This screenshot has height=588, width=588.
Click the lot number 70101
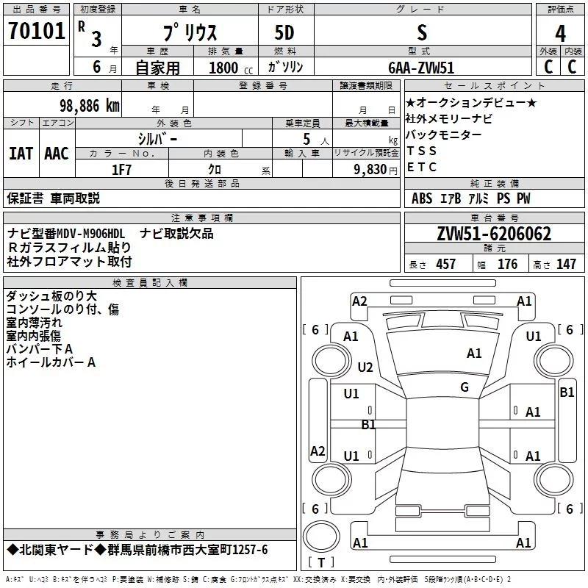click(36, 31)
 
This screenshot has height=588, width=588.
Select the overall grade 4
click(560, 33)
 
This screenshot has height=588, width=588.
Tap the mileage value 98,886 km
click(89, 106)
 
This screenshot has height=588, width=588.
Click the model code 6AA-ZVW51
click(421, 68)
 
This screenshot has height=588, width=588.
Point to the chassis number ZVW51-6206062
click(494, 234)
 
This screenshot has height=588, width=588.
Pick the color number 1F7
click(121, 170)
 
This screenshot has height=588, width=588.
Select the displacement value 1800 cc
click(231, 68)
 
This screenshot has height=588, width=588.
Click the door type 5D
click(284, 32)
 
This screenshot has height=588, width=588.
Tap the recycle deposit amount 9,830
click(370, 170)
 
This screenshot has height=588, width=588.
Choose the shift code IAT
click(21, 154)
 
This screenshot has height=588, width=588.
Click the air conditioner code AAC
click(57, 154)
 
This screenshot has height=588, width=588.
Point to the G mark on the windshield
click(465, 387)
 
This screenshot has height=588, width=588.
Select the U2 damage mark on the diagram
click(365, 367)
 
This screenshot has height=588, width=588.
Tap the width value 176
click(507, 264)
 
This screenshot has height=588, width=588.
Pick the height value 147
click(566, 264)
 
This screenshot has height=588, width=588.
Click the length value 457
click(446, 264)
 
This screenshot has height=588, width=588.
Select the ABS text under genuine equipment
click(422, 198)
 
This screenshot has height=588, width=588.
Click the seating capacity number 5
click(306, 139)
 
